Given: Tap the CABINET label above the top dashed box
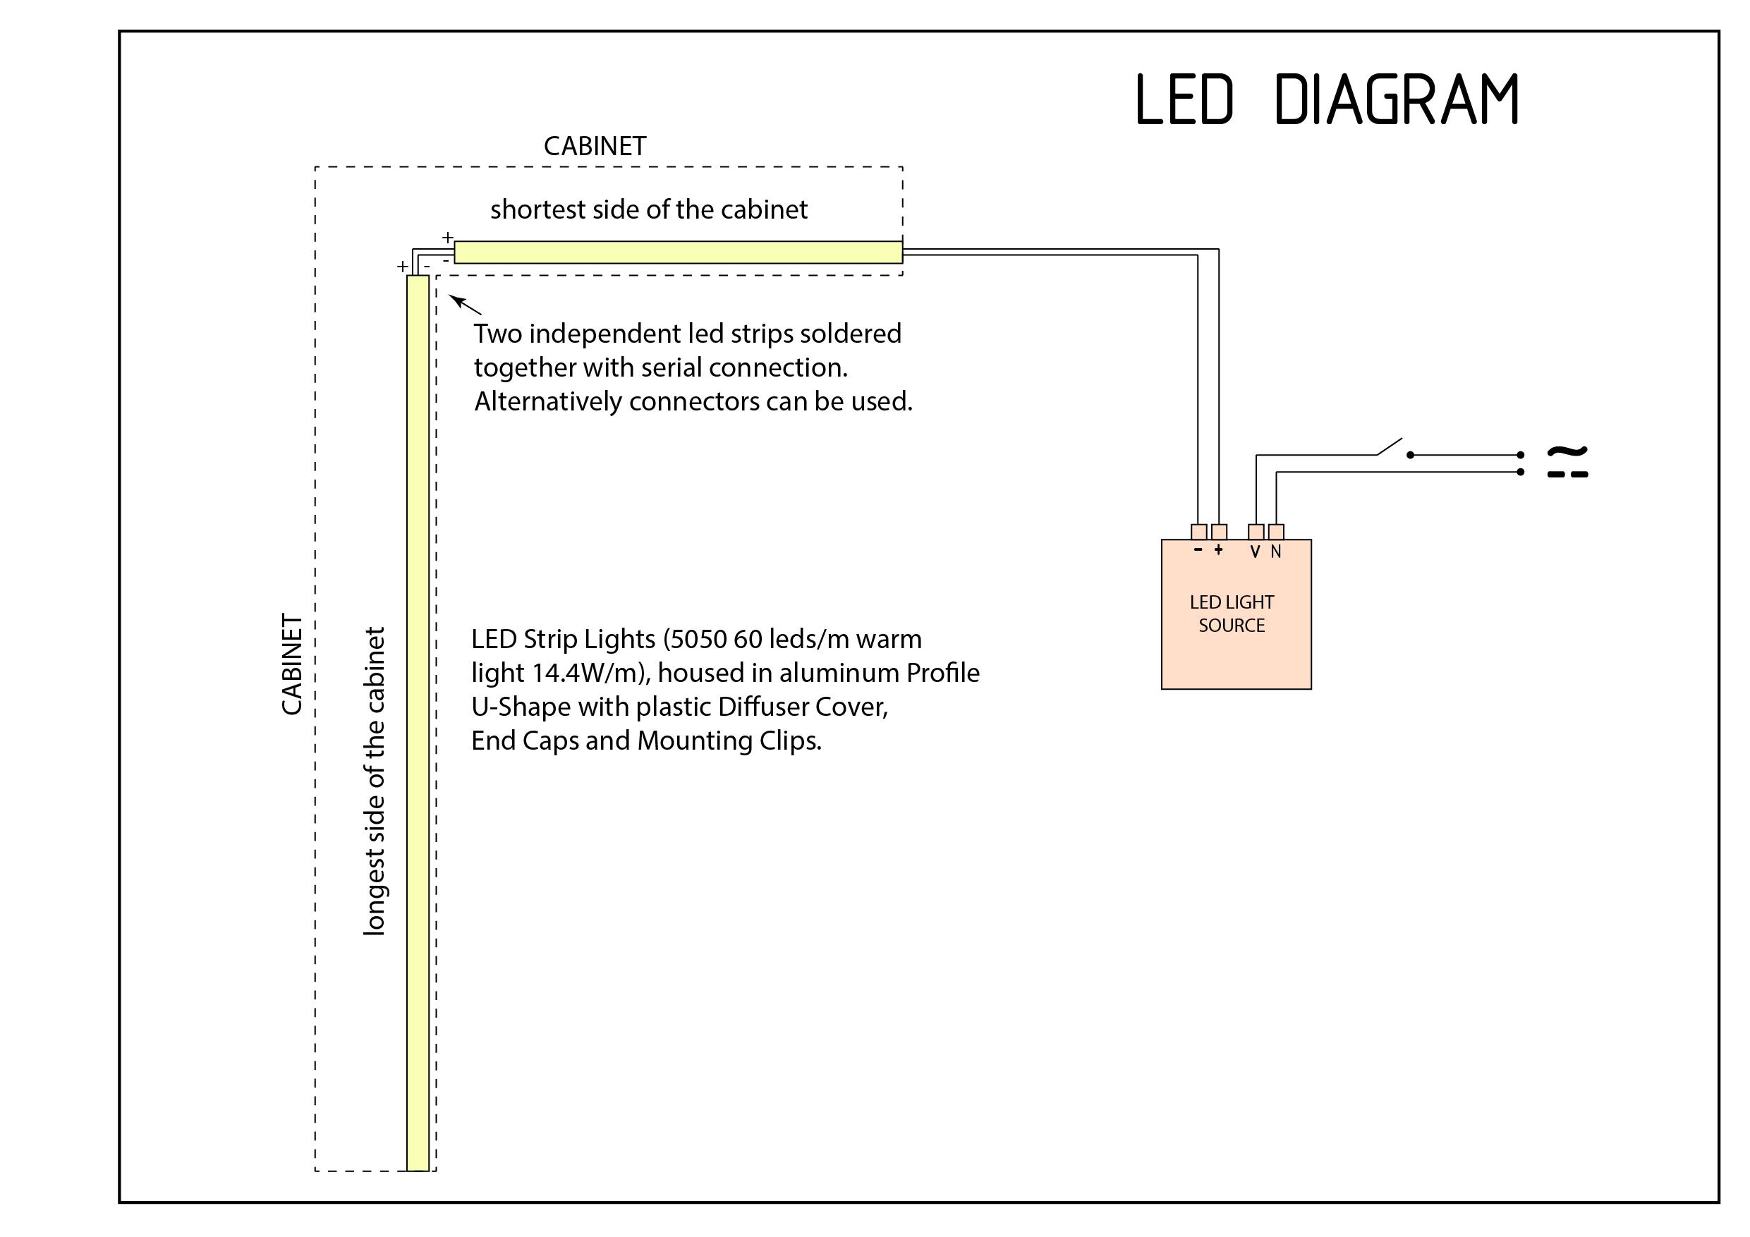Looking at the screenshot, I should click(x=595, y=146).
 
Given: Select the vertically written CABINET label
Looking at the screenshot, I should click(x=293, y=664).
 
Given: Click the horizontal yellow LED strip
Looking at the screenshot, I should click(x=679, y=252).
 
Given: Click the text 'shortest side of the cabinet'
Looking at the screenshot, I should click(x=649, y=209).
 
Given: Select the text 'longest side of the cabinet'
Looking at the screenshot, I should click(x=375, y=781).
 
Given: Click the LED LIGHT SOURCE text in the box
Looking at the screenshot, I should click(x=1231, y=614).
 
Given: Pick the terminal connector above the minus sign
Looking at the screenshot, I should click(x=1198, y=532).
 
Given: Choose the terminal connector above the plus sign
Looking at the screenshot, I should click(x=1219, y=532).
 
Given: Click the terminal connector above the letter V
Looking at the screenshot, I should click(x=1256, y=532).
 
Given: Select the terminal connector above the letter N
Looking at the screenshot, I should click(x=1276, y=532).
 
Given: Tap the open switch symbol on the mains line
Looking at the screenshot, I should click(x=1391, y=447).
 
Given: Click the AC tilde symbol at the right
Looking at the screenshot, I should click(x=1567, y=452).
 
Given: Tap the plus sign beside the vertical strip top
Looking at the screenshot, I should click(x=401, y=267).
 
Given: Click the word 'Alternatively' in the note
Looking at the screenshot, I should click(x=548, y=402).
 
